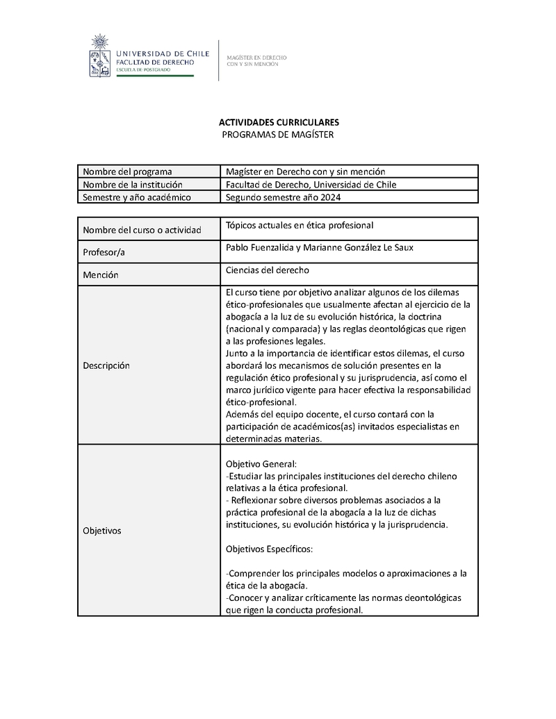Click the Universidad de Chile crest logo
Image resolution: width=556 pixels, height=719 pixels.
point(100,55)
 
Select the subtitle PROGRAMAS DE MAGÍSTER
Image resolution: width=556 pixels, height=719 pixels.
point(277,134)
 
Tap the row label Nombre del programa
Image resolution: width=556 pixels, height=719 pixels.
point(127,172)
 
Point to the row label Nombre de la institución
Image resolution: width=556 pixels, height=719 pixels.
point(132,184)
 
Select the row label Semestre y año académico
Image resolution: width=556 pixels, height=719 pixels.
point(136,197)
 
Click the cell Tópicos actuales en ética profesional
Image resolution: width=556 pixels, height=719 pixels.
point(300,225)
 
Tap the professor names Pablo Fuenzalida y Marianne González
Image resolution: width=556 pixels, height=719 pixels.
point(319,248)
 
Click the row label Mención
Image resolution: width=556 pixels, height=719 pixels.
point(101,275)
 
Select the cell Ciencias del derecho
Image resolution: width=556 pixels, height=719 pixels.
point(268,270)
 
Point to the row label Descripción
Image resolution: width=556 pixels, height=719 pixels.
point(106,365)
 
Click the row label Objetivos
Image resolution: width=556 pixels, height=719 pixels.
point(102,531)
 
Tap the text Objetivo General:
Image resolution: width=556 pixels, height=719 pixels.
point(262,463)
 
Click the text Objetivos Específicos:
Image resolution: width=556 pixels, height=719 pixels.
point(270,549)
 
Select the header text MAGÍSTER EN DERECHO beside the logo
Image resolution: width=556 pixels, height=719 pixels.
point(257,58)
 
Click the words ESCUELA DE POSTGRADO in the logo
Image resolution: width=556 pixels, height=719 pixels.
point(147,71)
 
